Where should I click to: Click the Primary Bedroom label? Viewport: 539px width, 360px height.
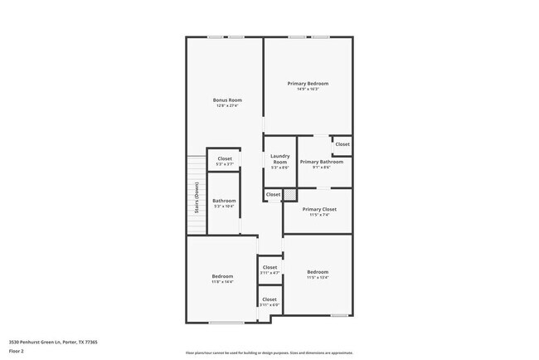tap(308, 84)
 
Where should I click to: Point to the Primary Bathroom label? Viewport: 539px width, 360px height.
tap(315, 162)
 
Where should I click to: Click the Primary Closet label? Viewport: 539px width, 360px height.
tap(318, 210)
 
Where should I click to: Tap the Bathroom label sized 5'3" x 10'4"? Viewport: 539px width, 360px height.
tap(224, 201)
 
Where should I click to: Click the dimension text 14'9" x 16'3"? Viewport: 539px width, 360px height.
tap(308, 89)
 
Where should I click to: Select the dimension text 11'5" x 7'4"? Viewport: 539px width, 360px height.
tap(318, 215)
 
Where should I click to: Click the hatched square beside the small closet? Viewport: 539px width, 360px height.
tap(290, 195)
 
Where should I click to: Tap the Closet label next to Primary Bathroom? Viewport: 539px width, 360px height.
tap(342, 144)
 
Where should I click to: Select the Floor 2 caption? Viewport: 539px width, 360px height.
tap(17, 351)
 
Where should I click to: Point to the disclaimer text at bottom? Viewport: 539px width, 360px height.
tap(269, 352)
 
